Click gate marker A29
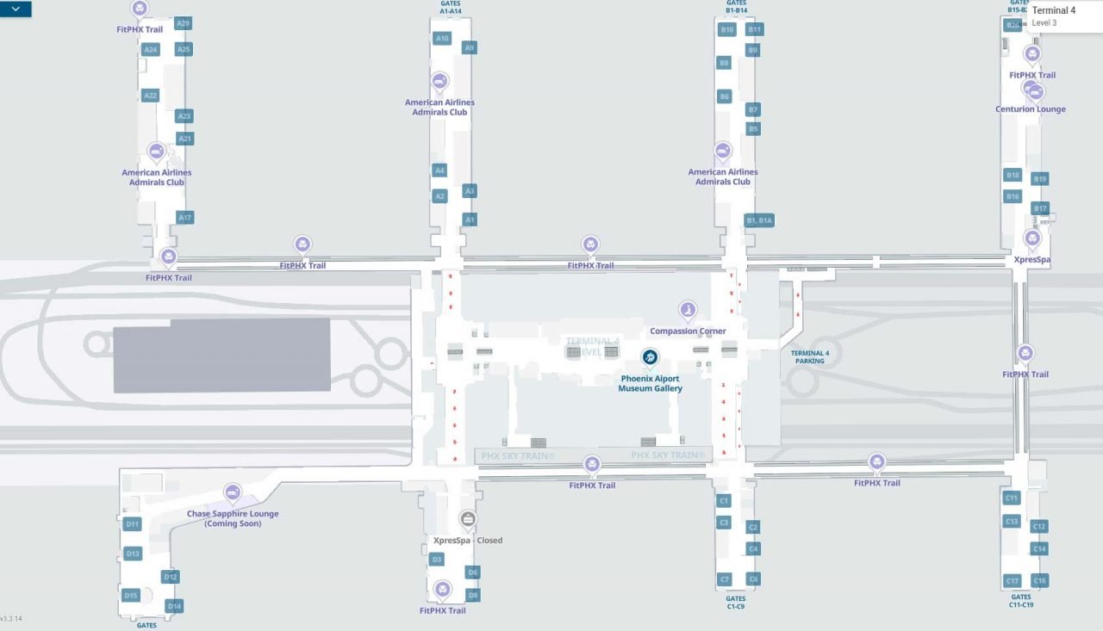click(183, 23)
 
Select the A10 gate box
click(442, 39)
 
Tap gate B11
click(755, 29)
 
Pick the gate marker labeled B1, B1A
click(759, 220)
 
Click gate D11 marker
click(133, 523)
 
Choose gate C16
click(1039, 581)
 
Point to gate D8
click(472, 595)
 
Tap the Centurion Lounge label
click(1031, 109)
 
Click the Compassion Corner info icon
click(688, 309)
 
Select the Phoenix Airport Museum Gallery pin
click(650, 356)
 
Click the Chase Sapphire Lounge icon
click(233, 492)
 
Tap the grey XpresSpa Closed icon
click(468, 518)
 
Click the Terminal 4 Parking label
click(810, 357)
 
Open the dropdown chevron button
click(16, 9)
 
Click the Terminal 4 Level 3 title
click(1053, 11)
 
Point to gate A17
click(184, 218)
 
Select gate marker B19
click(1040, 179)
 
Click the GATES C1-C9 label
click(735, 602)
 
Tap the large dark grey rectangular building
click(222, 355)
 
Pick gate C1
click(724, 500)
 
